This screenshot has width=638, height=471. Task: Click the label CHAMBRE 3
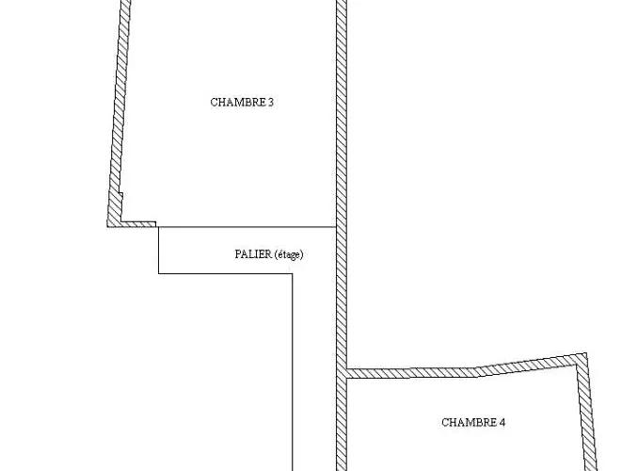[x=242, y=102]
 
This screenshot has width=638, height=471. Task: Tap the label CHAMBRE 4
[x=473, y=422]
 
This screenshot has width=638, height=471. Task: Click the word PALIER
[x=253, y=254]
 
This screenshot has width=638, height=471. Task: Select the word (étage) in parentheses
[x=289, y=254]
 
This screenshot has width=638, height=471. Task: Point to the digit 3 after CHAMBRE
[x=271, y=102]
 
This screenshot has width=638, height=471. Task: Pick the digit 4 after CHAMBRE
[x=502, y=422]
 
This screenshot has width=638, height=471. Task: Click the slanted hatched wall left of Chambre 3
[x=118, y=112]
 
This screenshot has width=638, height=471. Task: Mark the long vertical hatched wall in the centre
[x=342, y=235]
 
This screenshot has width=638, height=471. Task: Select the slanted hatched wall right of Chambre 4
[x=587, y=412]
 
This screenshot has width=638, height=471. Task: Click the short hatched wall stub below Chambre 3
[x=138, y=224]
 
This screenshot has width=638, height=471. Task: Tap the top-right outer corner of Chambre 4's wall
[x=586, y=353]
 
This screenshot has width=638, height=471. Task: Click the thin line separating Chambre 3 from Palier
[x=247, y=227]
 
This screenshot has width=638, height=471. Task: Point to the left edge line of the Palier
[x=159, y=251]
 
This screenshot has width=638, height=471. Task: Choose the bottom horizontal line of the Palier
[x=226, y=273]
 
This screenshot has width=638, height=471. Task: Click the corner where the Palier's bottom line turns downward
[x=292, y=273]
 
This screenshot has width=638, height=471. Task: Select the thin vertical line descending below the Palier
[x=292, y=372]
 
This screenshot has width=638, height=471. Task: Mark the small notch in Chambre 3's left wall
[x=120, y=195]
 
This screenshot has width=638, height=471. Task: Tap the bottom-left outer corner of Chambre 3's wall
[x=107, y=226]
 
